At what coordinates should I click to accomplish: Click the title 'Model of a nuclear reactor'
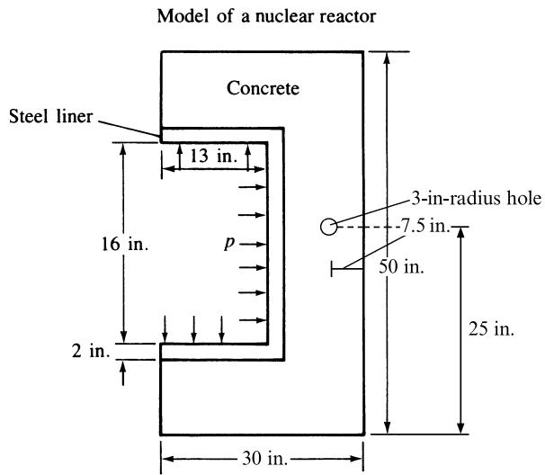(266, 16)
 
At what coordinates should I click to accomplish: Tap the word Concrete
(263, 88)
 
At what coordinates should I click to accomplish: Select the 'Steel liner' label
(50, 116)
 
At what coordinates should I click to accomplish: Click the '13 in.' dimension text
(213, 156)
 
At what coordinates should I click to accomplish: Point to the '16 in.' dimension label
(125, 244)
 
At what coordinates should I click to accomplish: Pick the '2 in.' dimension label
(91, 351)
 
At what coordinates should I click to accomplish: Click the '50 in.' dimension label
(401, 267)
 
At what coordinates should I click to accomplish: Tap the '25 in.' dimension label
(491, 328)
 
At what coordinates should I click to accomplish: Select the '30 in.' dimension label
(264, 458)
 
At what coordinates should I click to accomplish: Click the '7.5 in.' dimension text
(424, 226)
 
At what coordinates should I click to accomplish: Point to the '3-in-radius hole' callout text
(476, 199)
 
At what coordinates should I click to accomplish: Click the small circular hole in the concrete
(328, 227)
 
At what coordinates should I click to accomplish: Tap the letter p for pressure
(229, 243)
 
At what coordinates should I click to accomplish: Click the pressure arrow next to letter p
(253, 245)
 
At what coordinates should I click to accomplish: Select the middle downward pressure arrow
(193, 329)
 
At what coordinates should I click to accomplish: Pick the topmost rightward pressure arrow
(253, 187)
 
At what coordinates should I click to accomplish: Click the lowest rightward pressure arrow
(253, 320)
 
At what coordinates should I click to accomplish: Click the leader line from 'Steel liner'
(130, 129)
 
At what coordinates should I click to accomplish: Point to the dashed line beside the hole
(369, 227)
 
